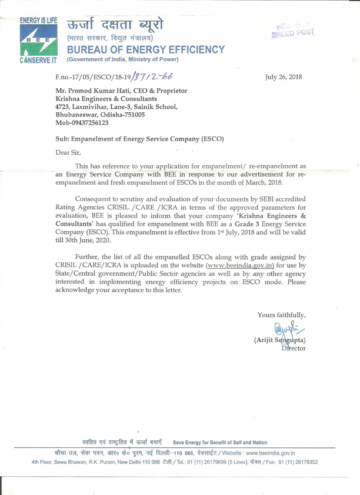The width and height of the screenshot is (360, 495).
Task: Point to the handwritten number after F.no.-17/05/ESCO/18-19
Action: pos(154,77)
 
